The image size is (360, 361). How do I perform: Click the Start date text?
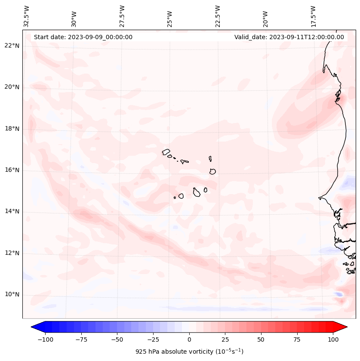(83, 37)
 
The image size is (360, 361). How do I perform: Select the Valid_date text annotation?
(289, 37)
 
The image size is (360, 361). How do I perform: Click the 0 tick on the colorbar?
(189, 339)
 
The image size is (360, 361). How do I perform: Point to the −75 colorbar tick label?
(80, 339)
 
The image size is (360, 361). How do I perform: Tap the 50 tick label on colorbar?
(261, 339)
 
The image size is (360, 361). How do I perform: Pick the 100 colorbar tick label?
(333, 339)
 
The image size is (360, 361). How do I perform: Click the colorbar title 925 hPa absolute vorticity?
(189, 352)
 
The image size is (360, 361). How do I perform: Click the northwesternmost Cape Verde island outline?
(166, 152)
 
